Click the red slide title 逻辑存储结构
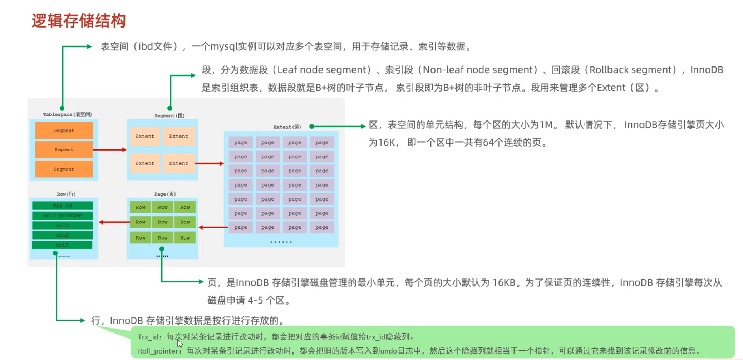click(x=79, y=21)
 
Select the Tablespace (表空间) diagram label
click(x=67, y=114)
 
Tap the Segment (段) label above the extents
click(x=169, y=115)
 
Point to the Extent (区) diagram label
click(x=287, y=127)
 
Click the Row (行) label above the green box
click(x=66, y=194)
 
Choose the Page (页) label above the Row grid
click(x=165, y=194)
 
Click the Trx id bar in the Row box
click(x=62, y=206)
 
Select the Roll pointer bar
click(x=62, y=216)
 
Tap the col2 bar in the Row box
click(x=62, y=235)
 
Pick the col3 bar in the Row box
click(x=62, y=245)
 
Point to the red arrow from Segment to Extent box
click(x=210, y=163)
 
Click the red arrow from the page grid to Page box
click(x=213, y=227)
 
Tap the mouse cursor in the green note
click(x=179, y=344)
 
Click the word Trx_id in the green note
click(x=148, y=337)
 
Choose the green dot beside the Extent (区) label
click(x=312, y=126)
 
